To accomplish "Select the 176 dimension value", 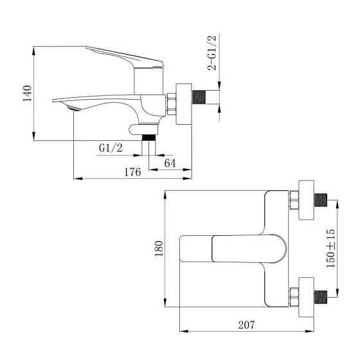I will coord(132,172).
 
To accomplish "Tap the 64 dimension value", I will coord(170,163).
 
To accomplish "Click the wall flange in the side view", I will coord(184,103).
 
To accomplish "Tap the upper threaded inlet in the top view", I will coord(321,199).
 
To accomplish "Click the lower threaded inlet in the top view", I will coord(321,296).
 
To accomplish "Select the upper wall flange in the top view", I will coord(306,199).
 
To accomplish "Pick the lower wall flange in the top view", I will coord(306,296).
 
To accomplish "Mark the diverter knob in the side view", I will coord(137,128).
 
